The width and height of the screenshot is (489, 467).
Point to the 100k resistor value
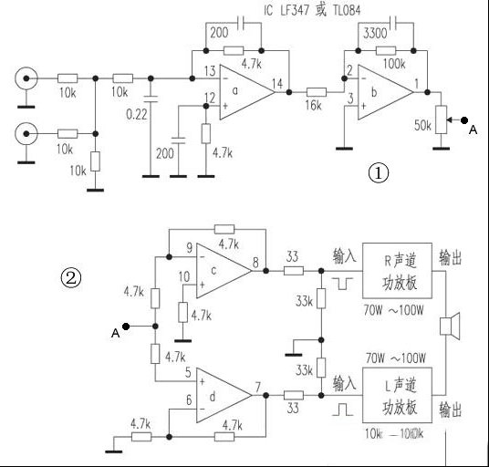(x=394, y=64)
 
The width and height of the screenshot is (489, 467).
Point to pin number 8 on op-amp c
(x=256, y=262)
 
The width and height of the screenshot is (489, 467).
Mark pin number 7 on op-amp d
(x=260, y=386)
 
